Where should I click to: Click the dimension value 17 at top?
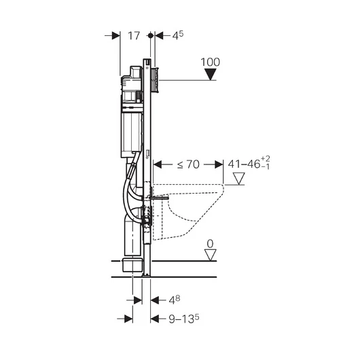pyautogui.click(x=134, y=36)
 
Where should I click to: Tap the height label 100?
pyautogui.click(x=211, y=62)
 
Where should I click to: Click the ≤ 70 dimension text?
pyautogui.click(x=188, y=164)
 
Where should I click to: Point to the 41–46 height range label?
pyautogui.click(x=245, y=164)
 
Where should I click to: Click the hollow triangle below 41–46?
pyautogui.click(x=239, y=179)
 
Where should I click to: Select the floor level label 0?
pyautogui.click(x=210, y=244)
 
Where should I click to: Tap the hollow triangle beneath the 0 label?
pyautogui.click(x=211, y=255)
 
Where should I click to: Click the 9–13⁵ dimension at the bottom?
pyautogui.click(x=184, y=319)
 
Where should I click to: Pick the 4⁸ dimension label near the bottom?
pyautogui.click(x=175, y=300)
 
